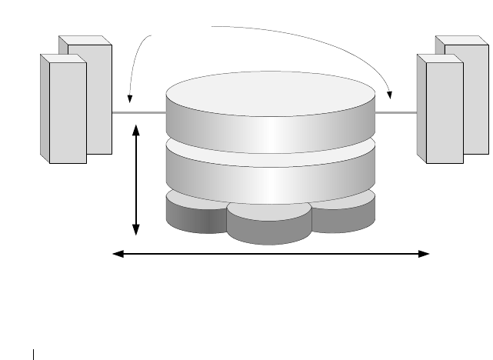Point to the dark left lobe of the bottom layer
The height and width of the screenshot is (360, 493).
tap(196, 217)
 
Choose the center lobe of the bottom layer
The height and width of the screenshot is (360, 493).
tap(269, 227)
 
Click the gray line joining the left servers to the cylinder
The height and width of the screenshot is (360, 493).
tap(138, 113)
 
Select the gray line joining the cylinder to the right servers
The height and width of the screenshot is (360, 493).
tap(395, 113)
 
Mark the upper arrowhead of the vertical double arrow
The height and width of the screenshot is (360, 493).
tap(136, 131)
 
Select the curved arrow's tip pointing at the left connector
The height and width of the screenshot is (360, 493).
tap(130, 99)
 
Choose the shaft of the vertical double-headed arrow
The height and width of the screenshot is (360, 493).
tap(136, 180)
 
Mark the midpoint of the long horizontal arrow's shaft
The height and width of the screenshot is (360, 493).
tap(271, 252)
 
